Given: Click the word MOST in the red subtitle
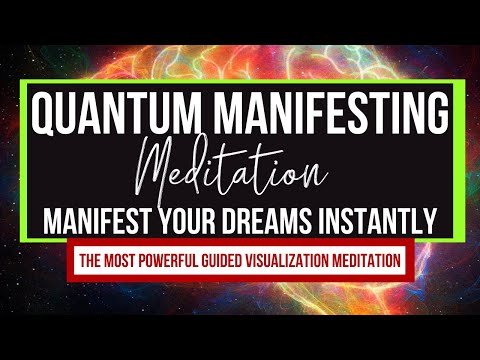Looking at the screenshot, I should [x=127, y=261].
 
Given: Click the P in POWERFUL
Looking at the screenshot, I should [x=152, y=261].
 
